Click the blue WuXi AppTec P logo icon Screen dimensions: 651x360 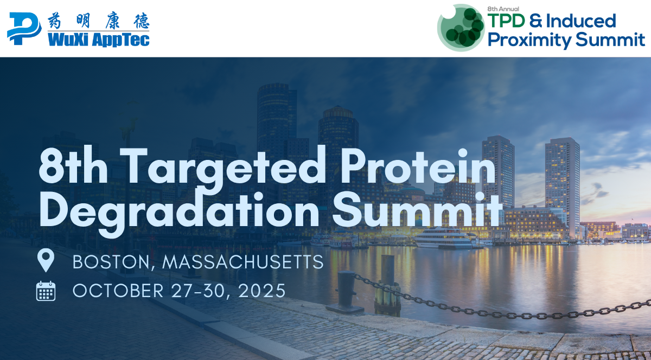pos(24,29)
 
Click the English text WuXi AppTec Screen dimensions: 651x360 pos(99,40)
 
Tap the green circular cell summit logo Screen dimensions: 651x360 pos(461,28)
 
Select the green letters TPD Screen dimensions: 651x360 pos(506,21)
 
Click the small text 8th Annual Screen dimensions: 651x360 pos(503,9)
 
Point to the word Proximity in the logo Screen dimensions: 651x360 pos(529,40)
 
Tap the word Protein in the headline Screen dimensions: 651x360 pos(418,165)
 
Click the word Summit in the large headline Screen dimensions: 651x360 pos(417,209)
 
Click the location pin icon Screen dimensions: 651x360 pos(46,260)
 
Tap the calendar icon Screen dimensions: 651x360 pos(46,291)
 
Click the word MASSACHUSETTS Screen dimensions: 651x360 pos(242,262)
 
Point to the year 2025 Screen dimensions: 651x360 pos(261,291)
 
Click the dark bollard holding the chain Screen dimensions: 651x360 pos(346,292)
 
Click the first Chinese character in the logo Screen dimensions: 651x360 pos(54,21)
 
